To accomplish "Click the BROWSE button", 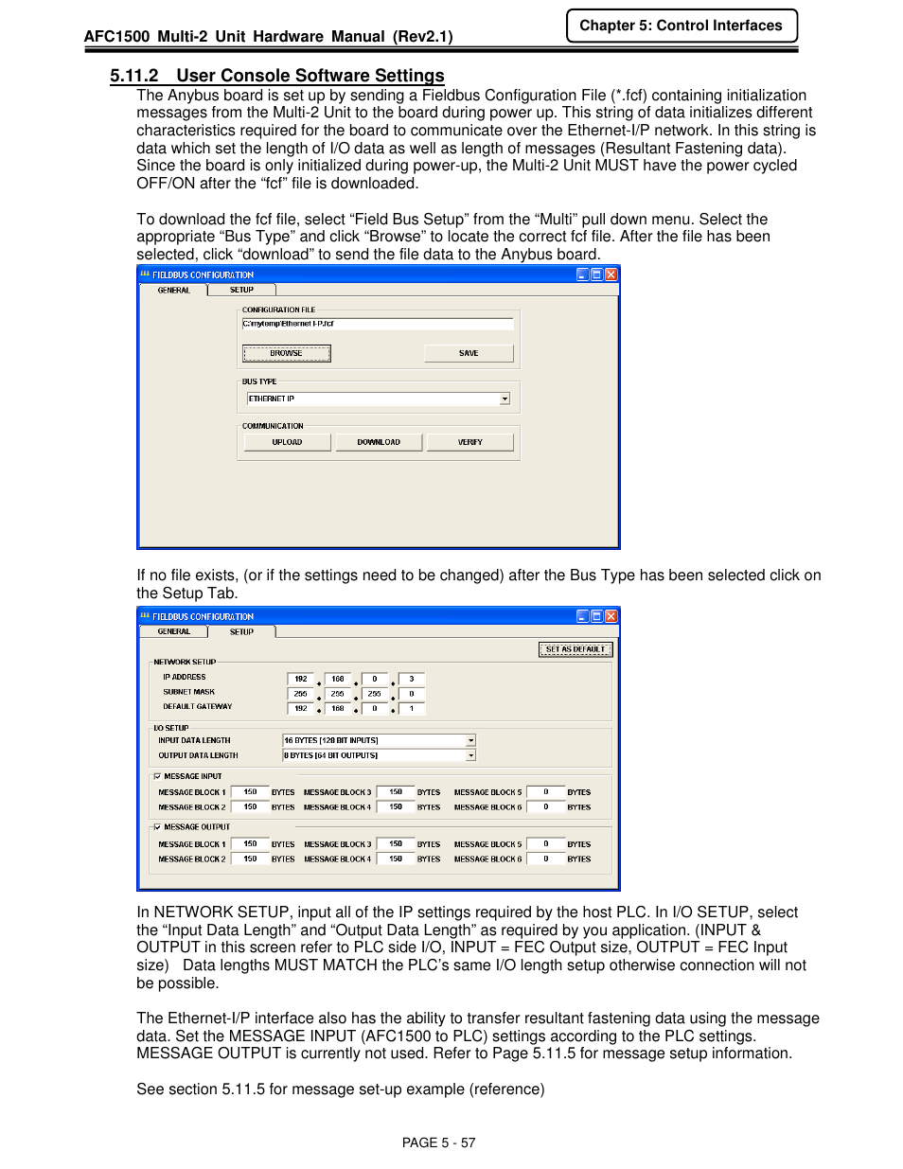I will click(x=286, y=353).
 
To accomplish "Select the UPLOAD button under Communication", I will click(x=287, y=442).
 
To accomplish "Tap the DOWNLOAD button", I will click(x=379, y=442).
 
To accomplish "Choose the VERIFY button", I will click(x=469, y=442).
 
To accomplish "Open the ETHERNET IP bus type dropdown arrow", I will click(x=505, y=399).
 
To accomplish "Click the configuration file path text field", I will click(x=377, y=324).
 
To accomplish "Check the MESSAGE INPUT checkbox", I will click(x=157, y=776).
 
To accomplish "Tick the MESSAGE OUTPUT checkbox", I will click(x=157, y=827).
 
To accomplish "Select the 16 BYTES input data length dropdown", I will click(x=379, y=740).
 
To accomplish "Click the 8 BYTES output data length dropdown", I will click(x=379, y=755).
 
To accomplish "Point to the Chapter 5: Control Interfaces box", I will click(x=681, y=26).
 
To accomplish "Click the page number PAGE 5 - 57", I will click(x=438, y=1142).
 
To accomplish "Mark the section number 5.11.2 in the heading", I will click(x=133, y=76).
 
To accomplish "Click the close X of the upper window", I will click(x=611, y=275).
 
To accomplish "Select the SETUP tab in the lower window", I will click(x=241, y=631).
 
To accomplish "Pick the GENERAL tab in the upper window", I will click(x=173, y=291).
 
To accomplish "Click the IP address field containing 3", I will click(x=412, y=679).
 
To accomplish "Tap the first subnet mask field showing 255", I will click(x=300, y=694).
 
